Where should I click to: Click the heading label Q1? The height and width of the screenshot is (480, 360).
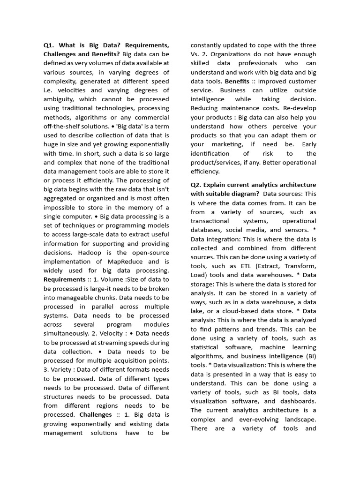(x=49, y=45)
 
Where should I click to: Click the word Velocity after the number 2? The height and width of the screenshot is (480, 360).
(x=112, y=334)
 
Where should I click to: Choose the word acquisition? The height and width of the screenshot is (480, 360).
(x=122, y=360)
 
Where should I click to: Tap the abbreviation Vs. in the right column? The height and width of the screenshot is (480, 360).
(x=195, y=54)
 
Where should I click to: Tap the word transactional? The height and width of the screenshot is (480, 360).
(x=210, y=221)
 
